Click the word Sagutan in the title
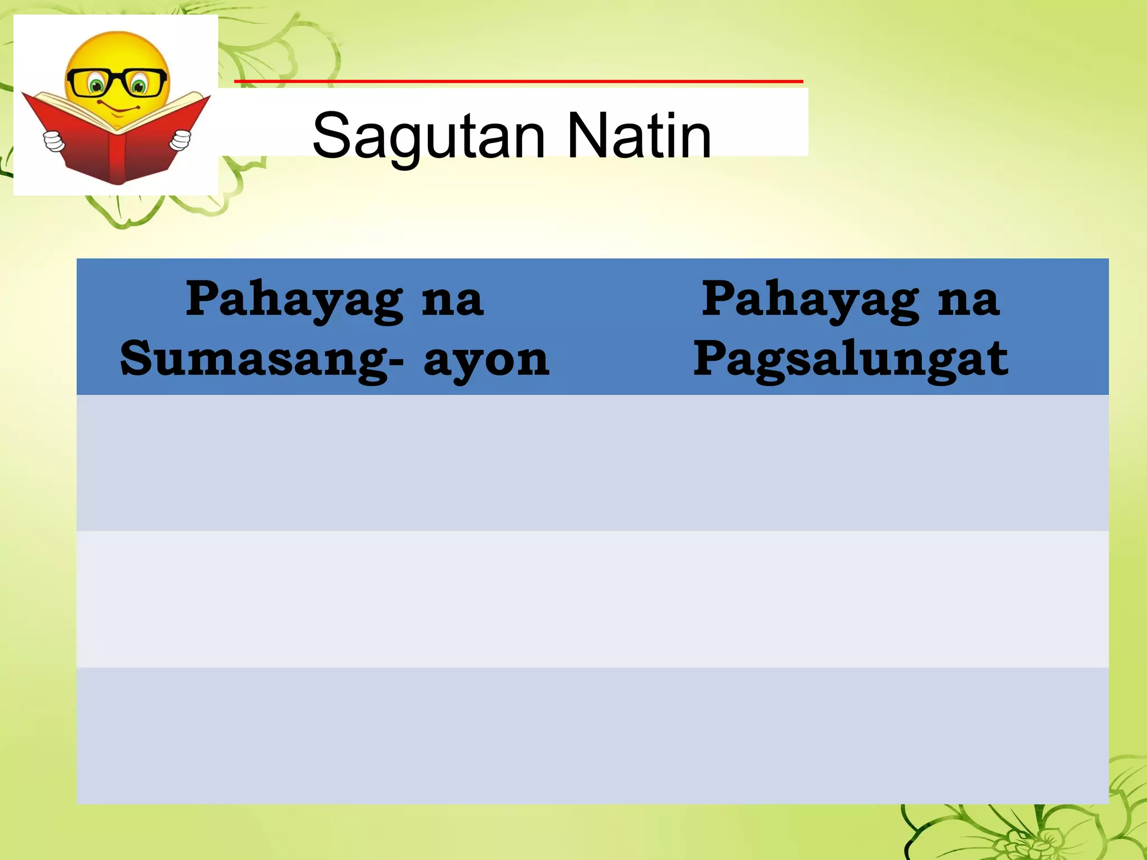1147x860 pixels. (428, 136)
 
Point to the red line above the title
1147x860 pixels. (518, 82)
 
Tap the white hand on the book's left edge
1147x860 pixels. (54, 140)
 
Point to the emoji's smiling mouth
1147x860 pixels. (119, 107)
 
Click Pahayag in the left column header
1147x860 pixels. (295, 300)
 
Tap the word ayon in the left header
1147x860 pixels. (486, 359)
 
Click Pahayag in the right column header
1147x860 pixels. (810, 300)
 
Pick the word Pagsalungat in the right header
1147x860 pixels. (850, 359)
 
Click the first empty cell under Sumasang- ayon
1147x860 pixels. (334, 463)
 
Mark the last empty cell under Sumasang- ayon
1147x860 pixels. (334, 736)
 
